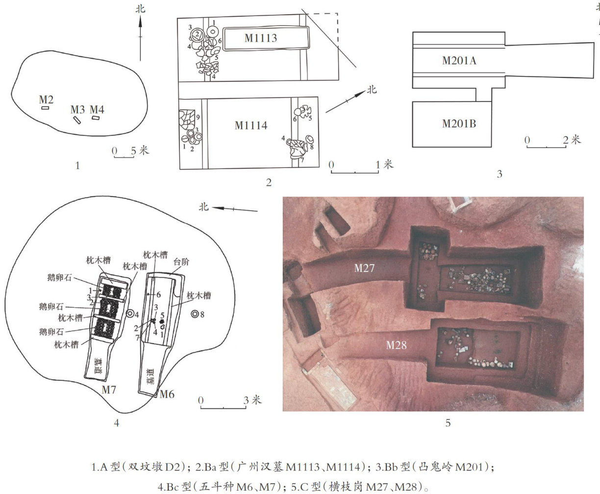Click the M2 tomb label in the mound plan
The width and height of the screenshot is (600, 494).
click(46, 99)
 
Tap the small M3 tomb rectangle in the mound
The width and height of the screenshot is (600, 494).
click(77, 120)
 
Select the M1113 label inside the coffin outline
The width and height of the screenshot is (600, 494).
click(261, 38)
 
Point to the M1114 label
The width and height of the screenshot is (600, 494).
click(251, 125)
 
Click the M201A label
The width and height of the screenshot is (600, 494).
click(459, 61)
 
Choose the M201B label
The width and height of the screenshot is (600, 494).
click(459, 123)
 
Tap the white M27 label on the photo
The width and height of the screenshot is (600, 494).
click(364, 268)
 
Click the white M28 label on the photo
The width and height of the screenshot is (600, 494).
click(396, 345)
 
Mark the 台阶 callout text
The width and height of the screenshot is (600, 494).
click(181, 262)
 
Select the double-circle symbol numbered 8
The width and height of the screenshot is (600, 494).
click(195, 314)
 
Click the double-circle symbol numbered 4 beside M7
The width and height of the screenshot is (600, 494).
click(130, 314)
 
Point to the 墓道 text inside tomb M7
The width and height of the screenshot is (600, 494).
click(98, 366)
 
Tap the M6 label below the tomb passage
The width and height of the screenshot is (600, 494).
click(167, 394)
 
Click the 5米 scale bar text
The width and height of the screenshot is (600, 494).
click(140, 150)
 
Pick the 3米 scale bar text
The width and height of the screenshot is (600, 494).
click(252, 400)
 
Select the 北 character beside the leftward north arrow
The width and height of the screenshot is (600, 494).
click(203, 207)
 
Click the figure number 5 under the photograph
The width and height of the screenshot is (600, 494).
click(448, 423)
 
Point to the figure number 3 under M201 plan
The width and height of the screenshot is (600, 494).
click(500, 173)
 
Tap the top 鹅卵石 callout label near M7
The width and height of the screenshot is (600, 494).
click(59, 277)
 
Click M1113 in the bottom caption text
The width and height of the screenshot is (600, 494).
click(303, 468)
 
